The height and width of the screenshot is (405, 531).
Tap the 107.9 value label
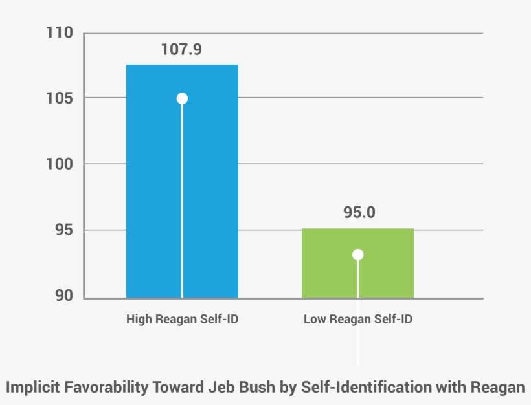[x=182, y=49]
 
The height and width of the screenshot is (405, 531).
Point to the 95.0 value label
[x=358, y=213]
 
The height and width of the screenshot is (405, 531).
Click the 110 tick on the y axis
[x=59, y=32]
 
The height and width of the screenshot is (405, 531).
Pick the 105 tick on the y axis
[x=59, y=98]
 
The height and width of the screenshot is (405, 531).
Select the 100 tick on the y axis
[x=59, y=164]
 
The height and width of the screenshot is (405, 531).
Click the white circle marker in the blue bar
[x=182, y=98]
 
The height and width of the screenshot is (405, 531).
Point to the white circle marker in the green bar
[x=358, y=255]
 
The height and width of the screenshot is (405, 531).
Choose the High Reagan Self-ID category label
[x=182, y=320]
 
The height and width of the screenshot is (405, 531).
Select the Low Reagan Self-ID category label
[x=358, y=320]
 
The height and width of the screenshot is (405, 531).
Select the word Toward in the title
[x=177, y=388]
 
